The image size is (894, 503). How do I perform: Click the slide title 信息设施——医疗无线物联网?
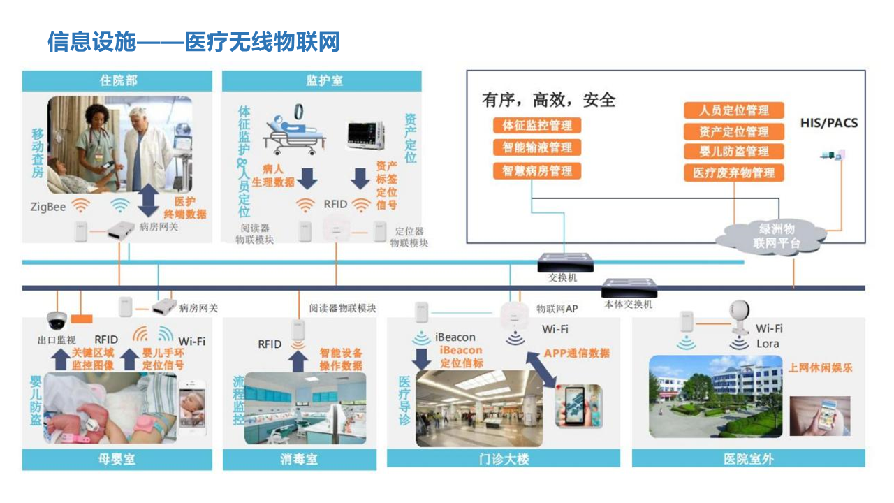[193, 42]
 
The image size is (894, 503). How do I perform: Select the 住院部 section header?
[117, 80]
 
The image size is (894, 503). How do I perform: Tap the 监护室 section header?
[322, 80]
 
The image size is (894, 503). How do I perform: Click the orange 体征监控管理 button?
[536, 126]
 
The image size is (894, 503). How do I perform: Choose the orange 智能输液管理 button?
[536, 148]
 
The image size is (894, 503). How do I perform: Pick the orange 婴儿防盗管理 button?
[733, 152]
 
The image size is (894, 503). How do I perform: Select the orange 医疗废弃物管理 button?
[733, 173]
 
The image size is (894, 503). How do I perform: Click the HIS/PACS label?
[828, 124]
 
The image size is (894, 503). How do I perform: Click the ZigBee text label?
[47, 207]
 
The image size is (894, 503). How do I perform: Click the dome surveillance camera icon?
[56, 321]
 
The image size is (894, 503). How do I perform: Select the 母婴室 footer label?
[117, 459]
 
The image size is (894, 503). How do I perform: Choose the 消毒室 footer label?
[298, 459]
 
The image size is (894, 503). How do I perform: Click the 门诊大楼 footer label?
[503, 459]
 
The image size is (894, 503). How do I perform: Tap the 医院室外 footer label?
[748, 459]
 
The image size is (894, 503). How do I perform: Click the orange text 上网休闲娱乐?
[821, 367]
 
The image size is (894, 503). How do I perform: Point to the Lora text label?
[767, 344]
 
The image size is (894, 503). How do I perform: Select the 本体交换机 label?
[628, 305]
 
